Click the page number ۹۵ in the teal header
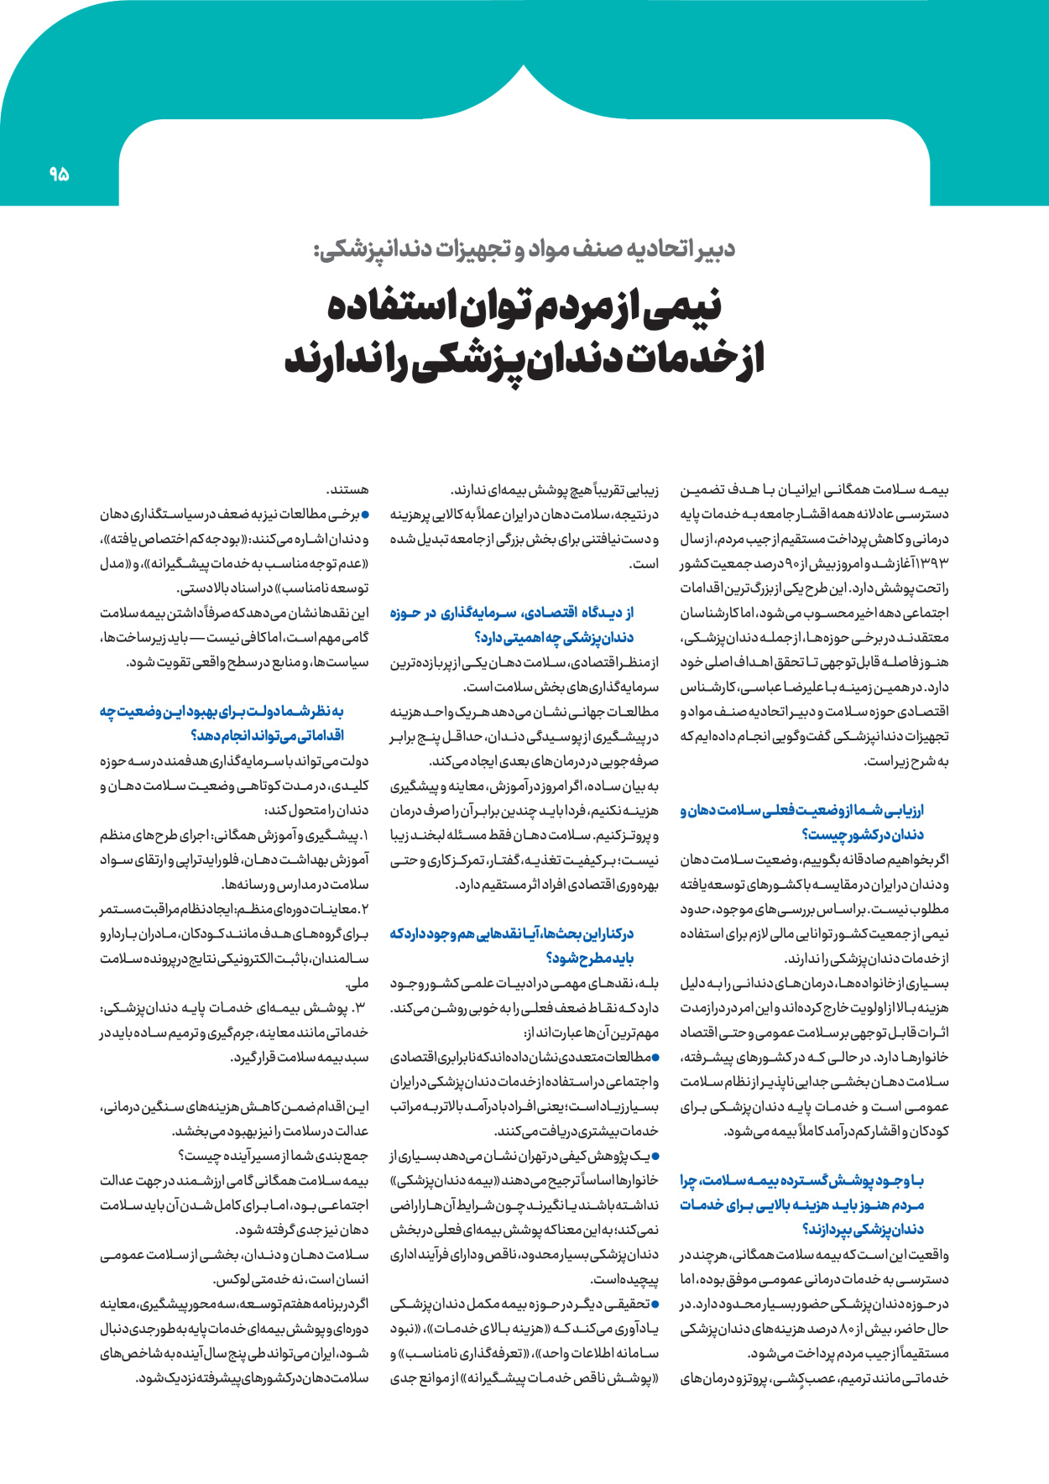(x=59, y=175)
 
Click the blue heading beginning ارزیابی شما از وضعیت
(x=801, y=822)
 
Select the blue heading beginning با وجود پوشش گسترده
(x=801, y=1204)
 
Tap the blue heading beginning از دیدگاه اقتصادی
(x=512, y=624)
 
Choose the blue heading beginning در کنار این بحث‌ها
(x=512, y=945)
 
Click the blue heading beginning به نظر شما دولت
(x=222, y=723)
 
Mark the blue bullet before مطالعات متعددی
(x=655, y=1058)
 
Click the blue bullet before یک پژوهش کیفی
(x=655, y=1157)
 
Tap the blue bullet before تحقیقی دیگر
(x=655, y=1304)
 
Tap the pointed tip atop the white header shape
(x=524, y=65)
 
